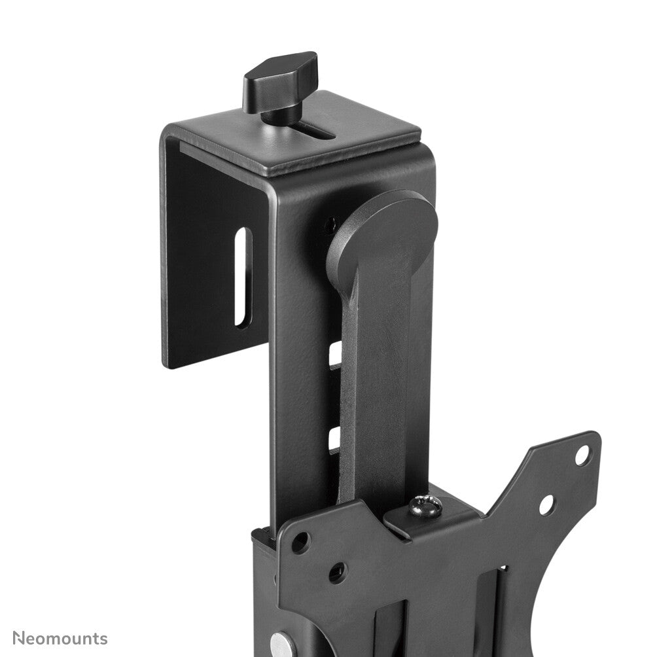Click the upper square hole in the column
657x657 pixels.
[335, 354]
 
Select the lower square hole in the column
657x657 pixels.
[334, 438]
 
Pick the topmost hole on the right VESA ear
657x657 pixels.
[582, 454]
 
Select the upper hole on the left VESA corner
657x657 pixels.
[300, 542]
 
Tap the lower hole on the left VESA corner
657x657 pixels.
[336, 573]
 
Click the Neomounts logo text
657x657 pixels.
[60, 638]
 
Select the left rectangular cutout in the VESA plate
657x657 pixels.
[393, 628]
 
